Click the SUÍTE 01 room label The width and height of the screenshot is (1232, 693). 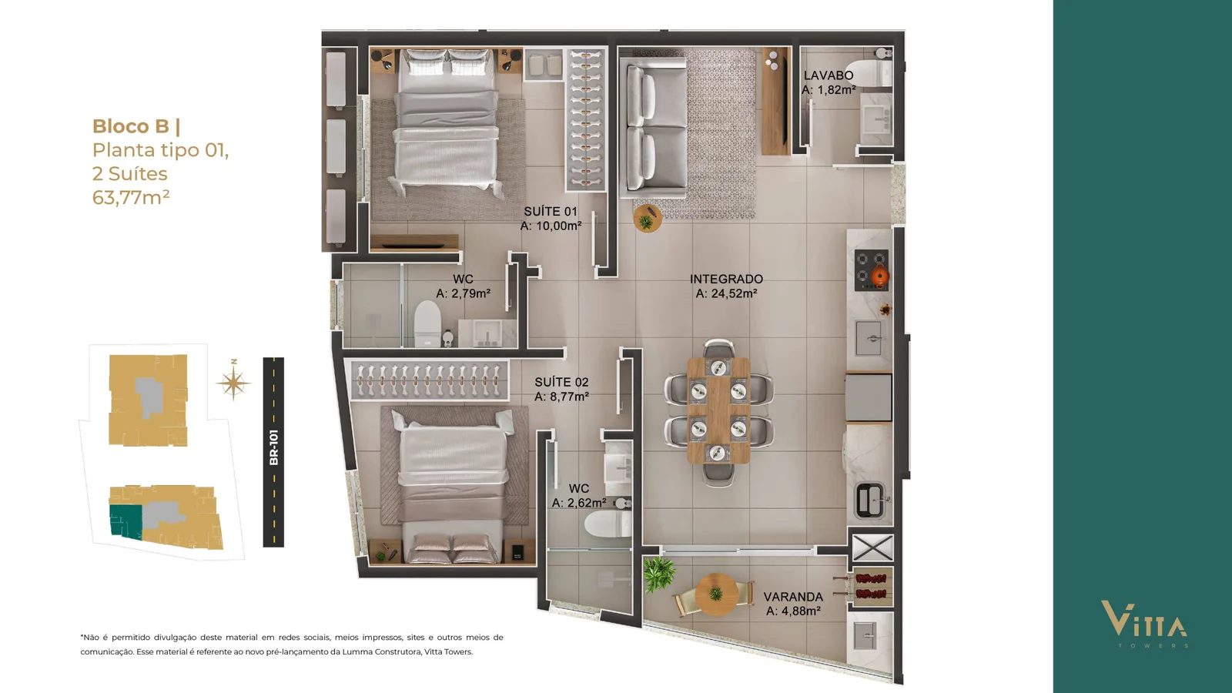click(x=551, y=211)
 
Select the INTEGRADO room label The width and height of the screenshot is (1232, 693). click(x=726, y=279)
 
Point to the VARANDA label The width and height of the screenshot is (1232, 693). click(x=793, y=596)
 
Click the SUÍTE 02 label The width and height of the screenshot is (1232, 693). click(x=561, y=382)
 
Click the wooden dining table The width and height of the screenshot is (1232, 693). click(x=718, y=410)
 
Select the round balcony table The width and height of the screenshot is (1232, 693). click(x=716, y=594)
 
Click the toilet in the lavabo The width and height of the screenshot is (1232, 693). click(x=871, y=69)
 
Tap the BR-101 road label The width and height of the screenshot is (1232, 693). click(x=274, y=447)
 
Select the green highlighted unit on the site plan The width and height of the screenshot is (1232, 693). click(x=126, y=521)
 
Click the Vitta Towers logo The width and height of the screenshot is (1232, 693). click(x=1144, y=624)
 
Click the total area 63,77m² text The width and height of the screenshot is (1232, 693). click(x=131, y=197)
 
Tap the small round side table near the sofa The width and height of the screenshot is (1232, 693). click(x=648, y=219)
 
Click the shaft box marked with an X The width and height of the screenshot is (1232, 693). click(x=872, y=547)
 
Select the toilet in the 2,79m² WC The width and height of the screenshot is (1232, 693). click(x=427, y=323)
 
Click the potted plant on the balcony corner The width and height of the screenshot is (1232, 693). click(x=659, y=574)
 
